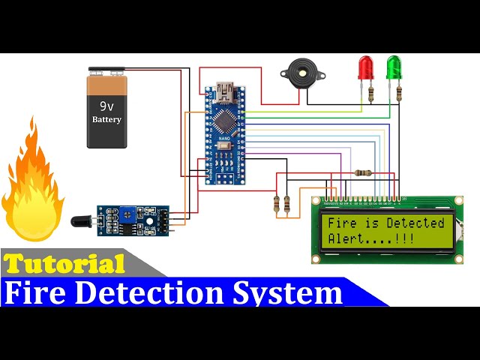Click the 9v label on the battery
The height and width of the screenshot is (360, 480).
coord(106,106)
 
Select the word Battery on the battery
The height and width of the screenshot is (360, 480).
coord(106,119)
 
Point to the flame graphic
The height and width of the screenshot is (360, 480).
coord(31,180)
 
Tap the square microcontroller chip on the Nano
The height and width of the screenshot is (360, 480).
coord(223,118)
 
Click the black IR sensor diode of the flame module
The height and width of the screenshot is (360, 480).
coord(81,221)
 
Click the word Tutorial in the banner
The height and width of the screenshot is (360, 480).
coord(64,264)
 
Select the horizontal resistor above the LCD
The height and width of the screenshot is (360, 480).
coord(364,173)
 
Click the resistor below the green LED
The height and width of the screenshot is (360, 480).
coord(398,92)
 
